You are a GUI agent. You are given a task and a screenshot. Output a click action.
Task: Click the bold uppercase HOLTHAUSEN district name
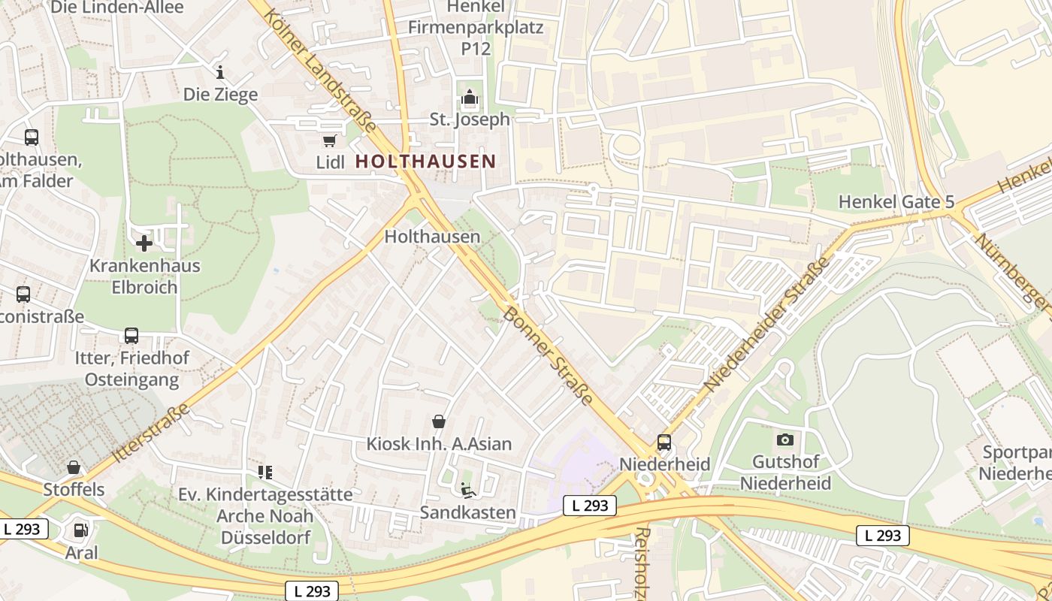tap(425, 161)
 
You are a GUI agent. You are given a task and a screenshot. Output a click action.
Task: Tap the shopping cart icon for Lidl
tap(329, 140)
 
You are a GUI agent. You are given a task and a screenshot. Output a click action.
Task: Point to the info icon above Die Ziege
tap(220, 72)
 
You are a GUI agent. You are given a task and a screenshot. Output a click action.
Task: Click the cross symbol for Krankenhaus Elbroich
tap(144, 243)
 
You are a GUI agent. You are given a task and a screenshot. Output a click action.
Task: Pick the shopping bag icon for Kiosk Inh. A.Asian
tap(439, 422)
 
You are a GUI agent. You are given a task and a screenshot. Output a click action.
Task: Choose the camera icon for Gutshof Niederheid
tap(784, 439)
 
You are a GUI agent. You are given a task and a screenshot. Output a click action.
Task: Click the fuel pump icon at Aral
tap(80, 530)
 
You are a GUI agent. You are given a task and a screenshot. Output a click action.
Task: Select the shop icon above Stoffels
tap(74, 467)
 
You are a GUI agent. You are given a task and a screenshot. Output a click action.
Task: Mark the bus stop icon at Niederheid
tap(664, 442)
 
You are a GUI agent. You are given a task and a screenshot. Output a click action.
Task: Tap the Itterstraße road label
tap(151, 433)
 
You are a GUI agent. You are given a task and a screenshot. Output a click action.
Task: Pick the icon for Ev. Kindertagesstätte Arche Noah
tap(265, 472)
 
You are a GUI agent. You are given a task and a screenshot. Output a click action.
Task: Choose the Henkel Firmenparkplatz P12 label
tap(475, 28)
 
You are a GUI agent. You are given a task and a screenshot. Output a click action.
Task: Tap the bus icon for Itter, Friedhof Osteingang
tap(131, 335)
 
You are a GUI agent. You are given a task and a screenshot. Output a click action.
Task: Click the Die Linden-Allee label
tap(117, 8)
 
